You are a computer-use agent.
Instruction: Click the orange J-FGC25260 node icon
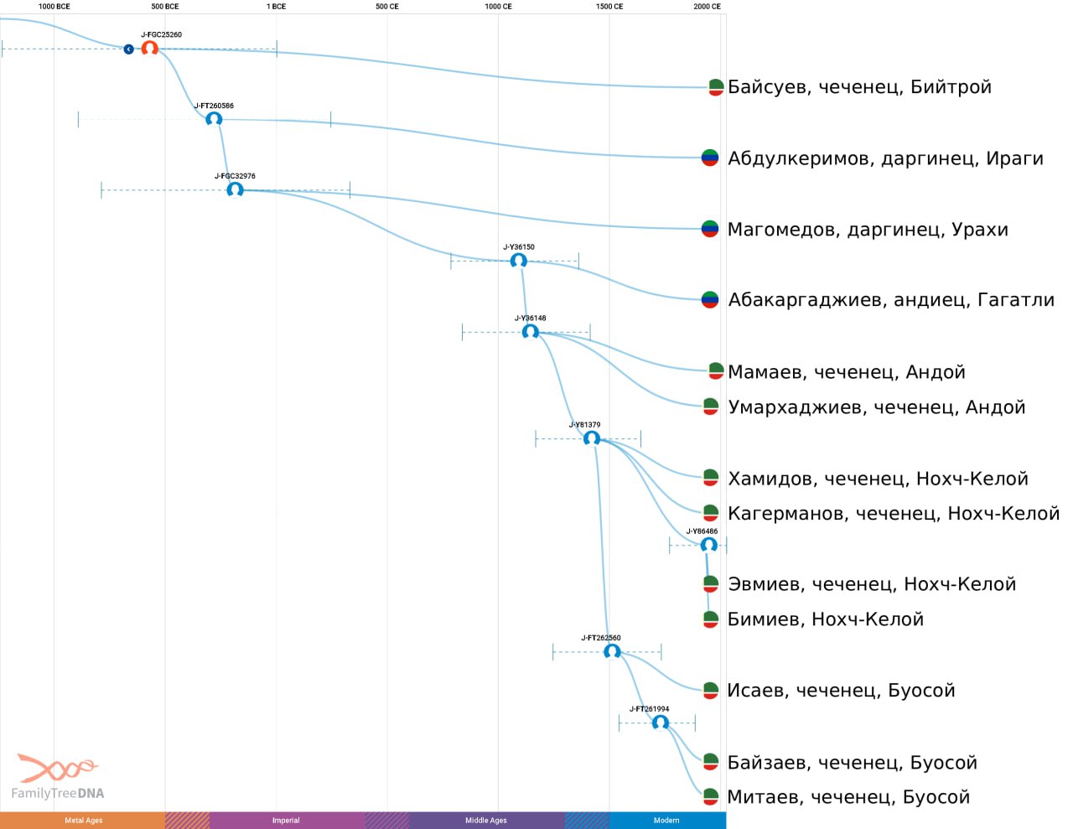[149, 49]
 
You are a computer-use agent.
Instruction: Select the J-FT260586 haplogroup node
[214, 119]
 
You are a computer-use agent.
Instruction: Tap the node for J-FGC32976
[235, 189]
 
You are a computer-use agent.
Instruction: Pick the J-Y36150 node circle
[518, 260]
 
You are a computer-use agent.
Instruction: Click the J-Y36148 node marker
[531, 331]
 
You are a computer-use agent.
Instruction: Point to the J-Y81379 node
[592, 438]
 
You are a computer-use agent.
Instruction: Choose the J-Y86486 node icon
[708, 545]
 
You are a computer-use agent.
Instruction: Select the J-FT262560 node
[612, 651]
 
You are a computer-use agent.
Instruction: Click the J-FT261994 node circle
[661, 723]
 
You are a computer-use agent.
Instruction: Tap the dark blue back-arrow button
[128, 49]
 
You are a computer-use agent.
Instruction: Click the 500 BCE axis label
[165, 7]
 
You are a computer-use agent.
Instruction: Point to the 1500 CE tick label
[609, 7]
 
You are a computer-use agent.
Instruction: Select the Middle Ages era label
[486, 820]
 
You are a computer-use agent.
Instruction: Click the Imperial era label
[286, 820]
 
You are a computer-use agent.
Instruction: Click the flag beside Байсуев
[716, 87]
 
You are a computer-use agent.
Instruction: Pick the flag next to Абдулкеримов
[709, 158]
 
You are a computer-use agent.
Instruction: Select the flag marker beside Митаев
[710, 796]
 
